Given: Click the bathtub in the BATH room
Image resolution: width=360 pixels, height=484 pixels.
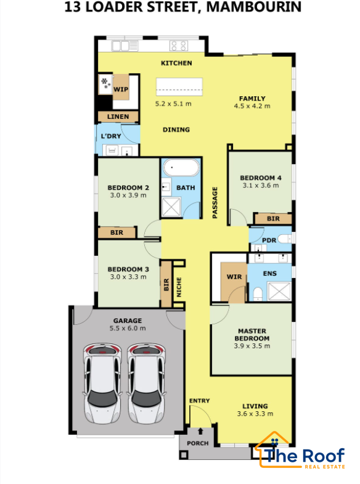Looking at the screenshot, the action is pyautogui.click(x=181, y=168).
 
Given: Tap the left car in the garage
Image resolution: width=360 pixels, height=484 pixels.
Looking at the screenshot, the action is pyautogui.click(x=102, y=384).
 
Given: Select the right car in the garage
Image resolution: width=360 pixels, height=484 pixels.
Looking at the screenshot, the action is pyautogui.click(x=147, y=384).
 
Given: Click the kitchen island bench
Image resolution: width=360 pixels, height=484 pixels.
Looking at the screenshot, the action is pyautogui.click(x=179, y=87).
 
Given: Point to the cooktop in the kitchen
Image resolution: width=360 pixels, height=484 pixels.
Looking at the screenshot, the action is pyautogui.click(x=179, y=46).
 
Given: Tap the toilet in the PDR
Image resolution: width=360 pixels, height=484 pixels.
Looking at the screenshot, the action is pyautogui.click(x=284, y=239).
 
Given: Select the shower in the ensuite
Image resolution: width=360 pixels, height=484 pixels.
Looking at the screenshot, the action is pyautogui.click(x=279, y=291).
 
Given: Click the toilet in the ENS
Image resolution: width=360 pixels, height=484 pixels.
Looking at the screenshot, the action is pyautogui.click(x=258, y=294).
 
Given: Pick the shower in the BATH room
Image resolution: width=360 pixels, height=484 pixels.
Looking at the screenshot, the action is pyautogui.click(x=171, y=207).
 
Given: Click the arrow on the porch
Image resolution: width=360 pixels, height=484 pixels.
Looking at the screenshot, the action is pyautogui.click(x=200, y=431).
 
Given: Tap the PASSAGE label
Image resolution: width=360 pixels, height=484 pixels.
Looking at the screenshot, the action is pyautogui.click(x=215, y=203).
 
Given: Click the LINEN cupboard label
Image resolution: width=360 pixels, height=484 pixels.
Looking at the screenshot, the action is pyautogui.click(x=118, y=117).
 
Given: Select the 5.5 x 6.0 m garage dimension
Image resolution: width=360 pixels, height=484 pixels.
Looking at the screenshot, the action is pyautogui.click(x=128, y=329).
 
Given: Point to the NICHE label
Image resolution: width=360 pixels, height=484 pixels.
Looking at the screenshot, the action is pyautogui.click(x=179, y=287).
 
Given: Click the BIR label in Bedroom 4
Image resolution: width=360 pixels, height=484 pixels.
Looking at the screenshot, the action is pyautogui.click(x=273, y=218).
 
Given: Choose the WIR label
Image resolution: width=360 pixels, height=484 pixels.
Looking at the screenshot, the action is pyautogui.click(x=234, y=277).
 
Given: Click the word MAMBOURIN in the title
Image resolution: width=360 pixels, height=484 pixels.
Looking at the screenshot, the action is pyautogui.click(x=253, y=7).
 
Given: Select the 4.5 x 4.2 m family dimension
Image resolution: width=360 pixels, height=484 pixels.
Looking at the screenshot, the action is pyautogui.click(x=252, y=106).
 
